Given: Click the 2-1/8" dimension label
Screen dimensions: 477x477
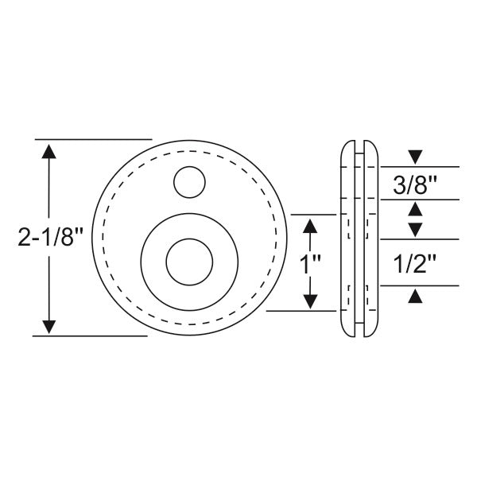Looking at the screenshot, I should click(50, 237).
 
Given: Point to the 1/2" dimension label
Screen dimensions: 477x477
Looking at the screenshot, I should click(414, 262).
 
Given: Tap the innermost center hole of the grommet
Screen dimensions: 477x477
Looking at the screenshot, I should click(189, 261).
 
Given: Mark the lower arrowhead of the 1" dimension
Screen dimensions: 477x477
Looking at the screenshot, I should click(311, 301).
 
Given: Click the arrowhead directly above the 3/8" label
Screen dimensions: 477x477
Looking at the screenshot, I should click(414, 157).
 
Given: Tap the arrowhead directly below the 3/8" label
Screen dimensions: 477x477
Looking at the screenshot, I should click(414, 210).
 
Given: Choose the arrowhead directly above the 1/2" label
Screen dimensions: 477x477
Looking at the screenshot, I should click(414, 229).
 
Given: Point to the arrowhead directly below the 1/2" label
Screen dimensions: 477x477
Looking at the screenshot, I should click(414, 296).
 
